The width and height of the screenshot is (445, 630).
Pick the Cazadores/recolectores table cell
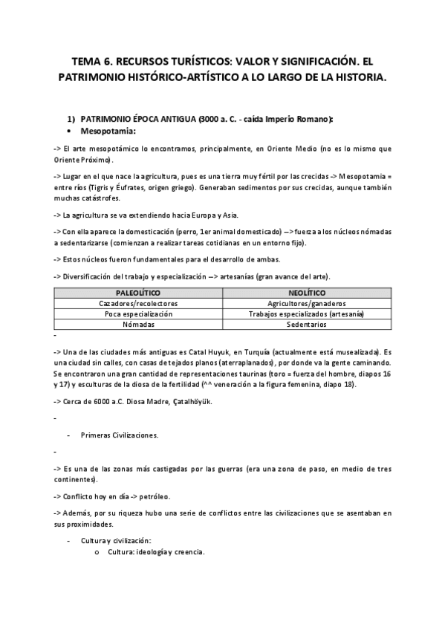coord(138,304)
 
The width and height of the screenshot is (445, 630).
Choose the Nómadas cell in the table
coord(138,325)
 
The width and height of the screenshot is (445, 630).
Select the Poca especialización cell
coord(138,314)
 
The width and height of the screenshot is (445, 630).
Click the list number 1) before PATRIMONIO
coord(71,119)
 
